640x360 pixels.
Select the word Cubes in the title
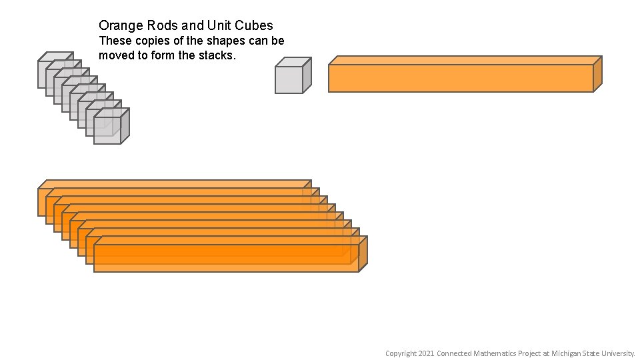point(251,26)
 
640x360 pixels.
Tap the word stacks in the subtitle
point(215,55)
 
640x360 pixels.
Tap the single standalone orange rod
point(461,78)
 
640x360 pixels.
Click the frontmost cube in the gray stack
point(107,131)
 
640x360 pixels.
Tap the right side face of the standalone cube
point(307,75)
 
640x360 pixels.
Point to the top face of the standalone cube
point(294,62)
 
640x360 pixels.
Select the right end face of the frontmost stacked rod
point(363,253)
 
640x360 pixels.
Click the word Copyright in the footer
point(401,353)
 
